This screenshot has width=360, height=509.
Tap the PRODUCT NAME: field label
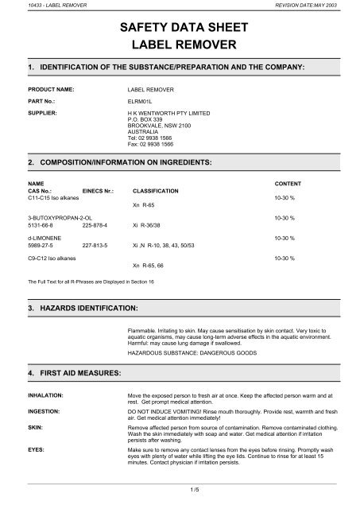pyautogui.click(x=53, y=90)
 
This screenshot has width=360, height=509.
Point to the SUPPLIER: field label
pyautogui.click(x=44, y=113)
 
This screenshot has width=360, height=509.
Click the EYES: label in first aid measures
pyautogui.click(x=37, y=449)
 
